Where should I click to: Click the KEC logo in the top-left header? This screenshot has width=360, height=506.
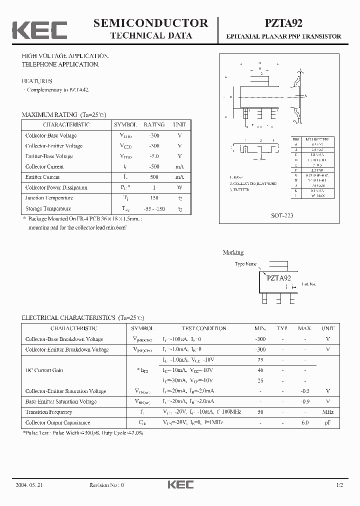39,29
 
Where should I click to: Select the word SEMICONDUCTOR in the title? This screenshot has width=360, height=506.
151,22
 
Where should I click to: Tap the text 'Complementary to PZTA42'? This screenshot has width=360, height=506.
58,90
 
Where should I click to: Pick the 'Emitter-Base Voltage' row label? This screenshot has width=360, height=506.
49,156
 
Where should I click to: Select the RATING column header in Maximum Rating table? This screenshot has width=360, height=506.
154,124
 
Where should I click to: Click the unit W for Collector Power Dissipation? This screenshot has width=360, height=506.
179,187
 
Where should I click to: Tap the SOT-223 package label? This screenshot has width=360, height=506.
283,215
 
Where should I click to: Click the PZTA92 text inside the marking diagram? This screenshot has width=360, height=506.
278,278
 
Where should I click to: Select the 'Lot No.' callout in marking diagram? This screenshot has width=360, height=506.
309,284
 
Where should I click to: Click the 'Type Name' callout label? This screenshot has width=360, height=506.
245,263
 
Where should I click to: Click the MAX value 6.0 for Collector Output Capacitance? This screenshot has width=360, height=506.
304,422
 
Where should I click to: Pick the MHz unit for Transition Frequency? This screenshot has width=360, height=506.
328,412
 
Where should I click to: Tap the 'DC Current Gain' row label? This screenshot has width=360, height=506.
44,370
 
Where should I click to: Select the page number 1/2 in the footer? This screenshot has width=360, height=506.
340,485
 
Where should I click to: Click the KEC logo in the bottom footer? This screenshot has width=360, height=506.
180,485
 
